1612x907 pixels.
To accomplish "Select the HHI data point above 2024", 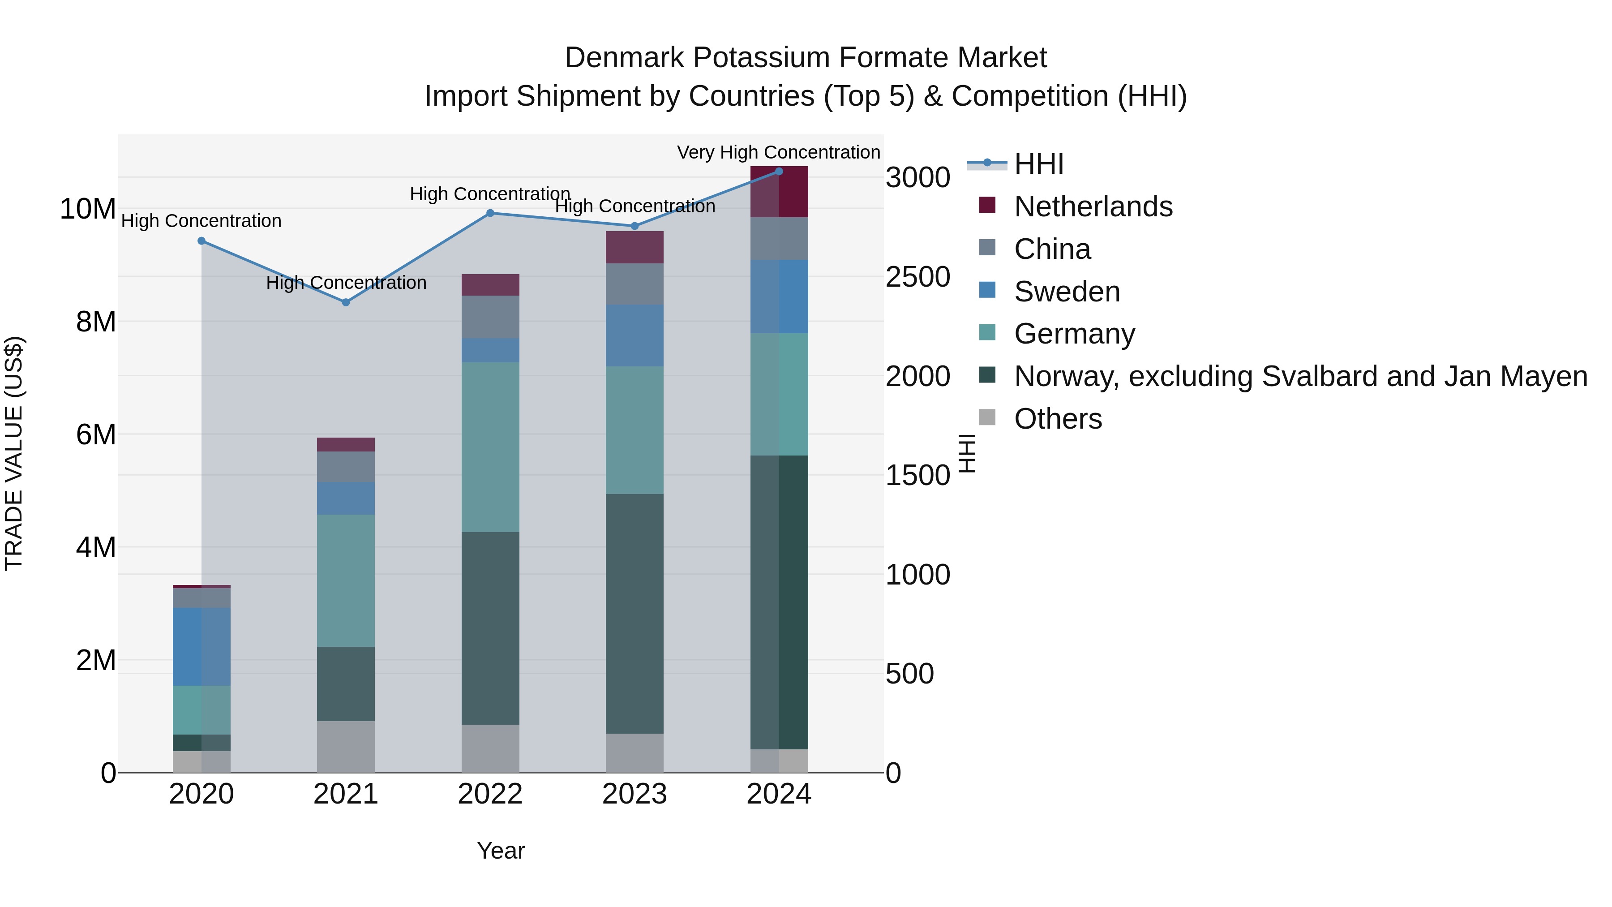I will [779, 172].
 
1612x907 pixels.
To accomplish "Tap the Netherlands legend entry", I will [1093, 206].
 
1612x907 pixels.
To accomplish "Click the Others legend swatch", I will [987, 417].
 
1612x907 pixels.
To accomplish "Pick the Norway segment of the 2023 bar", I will [635, 614].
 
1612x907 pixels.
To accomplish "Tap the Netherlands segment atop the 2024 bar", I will [779, 192].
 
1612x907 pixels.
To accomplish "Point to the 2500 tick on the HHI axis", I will [917, 277].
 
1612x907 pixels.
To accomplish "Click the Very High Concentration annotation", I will [779, 152].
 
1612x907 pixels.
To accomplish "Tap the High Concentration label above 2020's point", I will [201, 221].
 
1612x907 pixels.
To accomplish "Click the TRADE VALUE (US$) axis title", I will [14, 453].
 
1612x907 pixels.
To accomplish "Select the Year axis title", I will [501, 851].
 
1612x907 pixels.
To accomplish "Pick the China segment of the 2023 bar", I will [635, 284].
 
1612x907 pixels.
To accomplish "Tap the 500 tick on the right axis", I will [909, 674].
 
